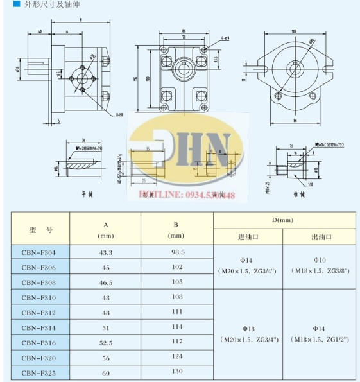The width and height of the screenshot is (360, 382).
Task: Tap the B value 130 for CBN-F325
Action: click(176, 371)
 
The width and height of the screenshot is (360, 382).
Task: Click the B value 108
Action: click(176, 298)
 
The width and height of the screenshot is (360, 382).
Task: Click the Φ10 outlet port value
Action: click(320, 260)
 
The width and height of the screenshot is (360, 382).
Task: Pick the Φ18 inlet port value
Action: click(248, 327)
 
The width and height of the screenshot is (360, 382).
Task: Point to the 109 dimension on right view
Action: click(295, 31)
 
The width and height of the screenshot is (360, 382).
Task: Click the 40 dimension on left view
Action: click(40, 31)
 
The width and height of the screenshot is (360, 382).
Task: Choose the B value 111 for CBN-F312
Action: click(176, 313)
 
